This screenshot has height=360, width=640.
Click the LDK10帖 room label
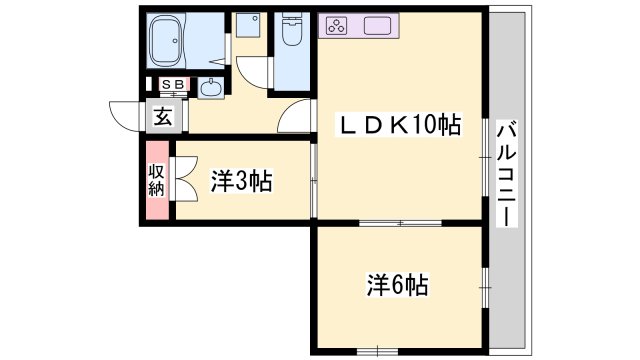[x=399, y=125]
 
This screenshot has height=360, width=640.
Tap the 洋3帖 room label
[x=241, y=181]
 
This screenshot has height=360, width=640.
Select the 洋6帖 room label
[x=398, y=285]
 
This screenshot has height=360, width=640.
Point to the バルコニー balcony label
[x=507, y=173]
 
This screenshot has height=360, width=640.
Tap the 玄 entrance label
[x=162, y=118]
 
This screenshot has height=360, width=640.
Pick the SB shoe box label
[x=173, y=84]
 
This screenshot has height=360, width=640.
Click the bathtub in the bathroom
[x=166, y=40]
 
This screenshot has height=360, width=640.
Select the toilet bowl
[x=292, y=30]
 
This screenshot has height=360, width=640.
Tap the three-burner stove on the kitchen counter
[x=337, y=26]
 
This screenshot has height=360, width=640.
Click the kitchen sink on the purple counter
[x=378, y=26]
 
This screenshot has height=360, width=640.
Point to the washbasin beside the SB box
[x=211, y=87]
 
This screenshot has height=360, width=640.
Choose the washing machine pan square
[x=248, y=25]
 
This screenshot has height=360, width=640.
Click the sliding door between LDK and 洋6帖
[x=400, y=223]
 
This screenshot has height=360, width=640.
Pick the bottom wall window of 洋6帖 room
[x=378, y=351]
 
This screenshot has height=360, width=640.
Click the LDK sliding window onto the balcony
[x=485, y=158]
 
